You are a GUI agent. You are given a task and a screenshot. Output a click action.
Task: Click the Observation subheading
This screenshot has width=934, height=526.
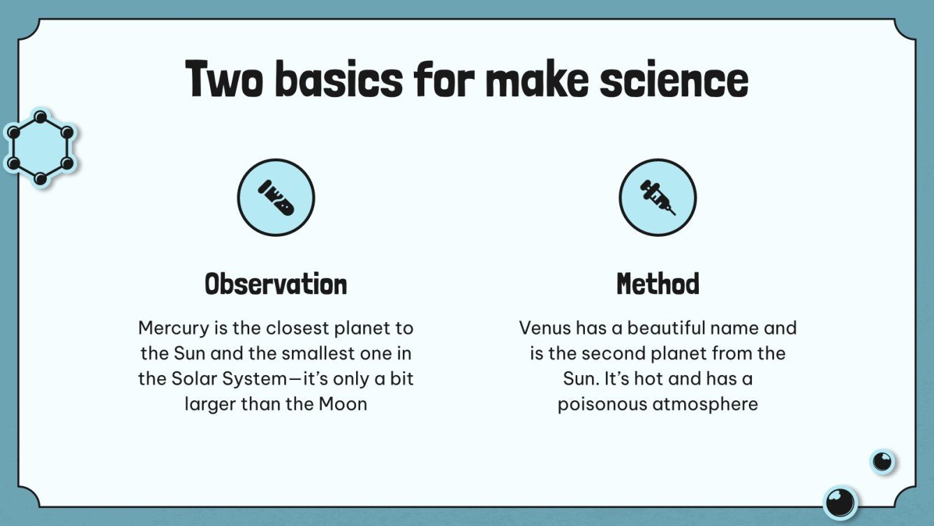(x=276, y=284)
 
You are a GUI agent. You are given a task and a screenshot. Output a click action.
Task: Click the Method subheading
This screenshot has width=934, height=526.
(x=658, y=284)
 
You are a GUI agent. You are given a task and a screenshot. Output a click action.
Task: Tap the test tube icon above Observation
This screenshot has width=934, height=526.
(x=276, y=198)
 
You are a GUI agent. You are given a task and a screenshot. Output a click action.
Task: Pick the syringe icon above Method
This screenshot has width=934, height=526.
(x=658, y=198)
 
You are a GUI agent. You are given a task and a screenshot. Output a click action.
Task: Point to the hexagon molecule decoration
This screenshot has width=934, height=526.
(x=40, y=147)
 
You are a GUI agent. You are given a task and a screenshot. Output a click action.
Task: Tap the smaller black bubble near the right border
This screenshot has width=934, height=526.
(x=882, y=461)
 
